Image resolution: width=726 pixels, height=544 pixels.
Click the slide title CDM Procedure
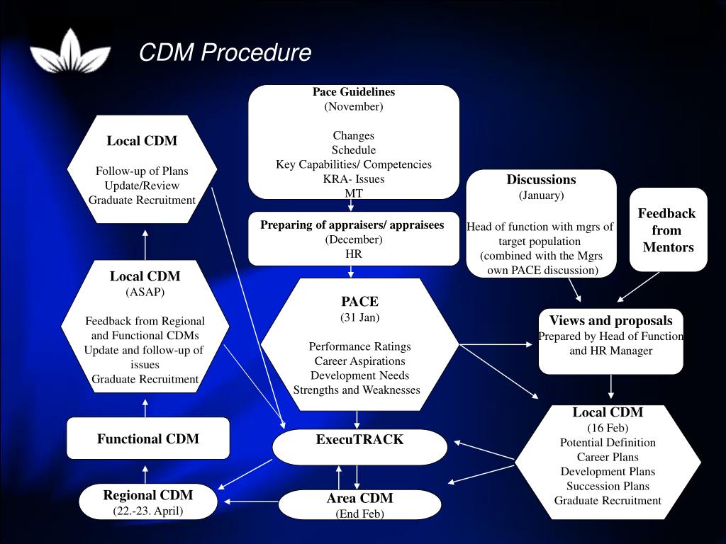225,52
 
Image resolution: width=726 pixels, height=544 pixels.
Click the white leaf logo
70,52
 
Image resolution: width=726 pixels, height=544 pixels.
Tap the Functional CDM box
148,438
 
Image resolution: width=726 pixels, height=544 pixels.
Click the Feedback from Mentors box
668,229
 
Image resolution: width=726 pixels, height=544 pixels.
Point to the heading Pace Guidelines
354,92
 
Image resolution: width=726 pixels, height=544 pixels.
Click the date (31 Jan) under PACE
359,317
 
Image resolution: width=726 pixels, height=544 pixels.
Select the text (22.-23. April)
147,511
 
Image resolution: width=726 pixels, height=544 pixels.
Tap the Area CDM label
359,498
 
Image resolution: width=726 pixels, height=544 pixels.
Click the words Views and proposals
610,321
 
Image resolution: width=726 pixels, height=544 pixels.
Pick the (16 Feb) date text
608,428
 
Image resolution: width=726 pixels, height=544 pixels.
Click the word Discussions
541,180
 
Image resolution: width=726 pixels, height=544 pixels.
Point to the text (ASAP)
145,291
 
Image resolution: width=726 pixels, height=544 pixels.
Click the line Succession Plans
608,486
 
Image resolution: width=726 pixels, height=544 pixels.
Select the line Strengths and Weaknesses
357,390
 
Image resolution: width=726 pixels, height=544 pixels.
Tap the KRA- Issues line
354,178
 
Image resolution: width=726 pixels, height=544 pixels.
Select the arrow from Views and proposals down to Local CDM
611,387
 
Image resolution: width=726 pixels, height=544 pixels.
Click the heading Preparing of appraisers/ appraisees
352,225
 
